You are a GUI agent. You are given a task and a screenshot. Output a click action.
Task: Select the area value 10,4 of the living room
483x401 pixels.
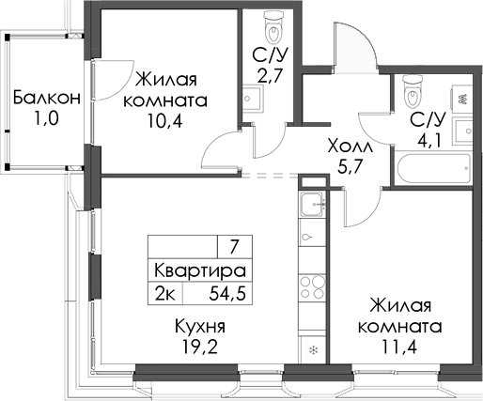[170, 121]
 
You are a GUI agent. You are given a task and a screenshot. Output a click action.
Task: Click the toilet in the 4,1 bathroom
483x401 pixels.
[411, 92]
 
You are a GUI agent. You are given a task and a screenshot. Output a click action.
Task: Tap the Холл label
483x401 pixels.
[350, 147]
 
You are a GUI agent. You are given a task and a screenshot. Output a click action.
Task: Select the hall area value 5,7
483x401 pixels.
[350, 169]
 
